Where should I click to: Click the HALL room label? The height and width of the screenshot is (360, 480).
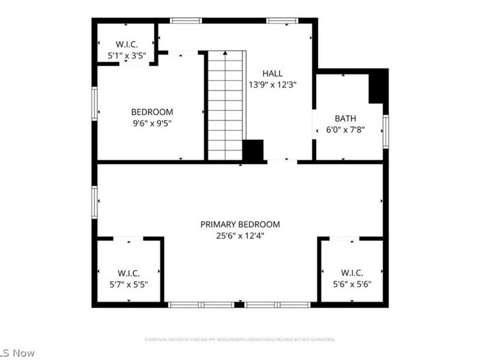click(x=272, y=73)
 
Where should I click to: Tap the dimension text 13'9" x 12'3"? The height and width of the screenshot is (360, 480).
click(x=272, y=85)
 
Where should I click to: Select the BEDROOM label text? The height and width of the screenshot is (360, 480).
click(x=152, y=112)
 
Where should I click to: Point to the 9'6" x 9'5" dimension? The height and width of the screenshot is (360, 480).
click(x=152, y=124)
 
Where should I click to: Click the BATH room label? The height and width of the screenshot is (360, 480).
click(x=346, y=118)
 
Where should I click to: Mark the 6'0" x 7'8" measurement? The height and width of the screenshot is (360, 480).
click(x=346, y=129)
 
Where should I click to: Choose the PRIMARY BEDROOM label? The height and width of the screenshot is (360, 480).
click(x=240, y=224)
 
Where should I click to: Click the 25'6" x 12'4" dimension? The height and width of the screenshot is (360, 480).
click(x=240, y=236)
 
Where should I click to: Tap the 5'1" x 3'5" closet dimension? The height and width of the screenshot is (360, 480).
click(x=127, y=56)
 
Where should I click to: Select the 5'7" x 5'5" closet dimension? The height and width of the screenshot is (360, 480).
click(x=128, y=284)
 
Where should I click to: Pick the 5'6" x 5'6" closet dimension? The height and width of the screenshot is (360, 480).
click(x=352, y=284)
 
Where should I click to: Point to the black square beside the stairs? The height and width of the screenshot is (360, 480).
click(x=253, y=150)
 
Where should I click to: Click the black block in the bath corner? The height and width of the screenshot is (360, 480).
click(x=378, y=86)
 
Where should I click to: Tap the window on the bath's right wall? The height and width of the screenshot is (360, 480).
click(x=385, y=131)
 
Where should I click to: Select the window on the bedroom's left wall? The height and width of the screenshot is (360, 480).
click(x=94, y=104)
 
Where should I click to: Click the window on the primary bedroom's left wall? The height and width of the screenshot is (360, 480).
click(x=94, y=202)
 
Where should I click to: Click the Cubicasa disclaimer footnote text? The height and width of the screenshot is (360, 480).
click(x=240, y=340)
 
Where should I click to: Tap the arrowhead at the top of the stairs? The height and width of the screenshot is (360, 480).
click(x=226, y=54)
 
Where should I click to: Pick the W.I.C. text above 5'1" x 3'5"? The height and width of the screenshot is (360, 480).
click(x=127, y=44)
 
